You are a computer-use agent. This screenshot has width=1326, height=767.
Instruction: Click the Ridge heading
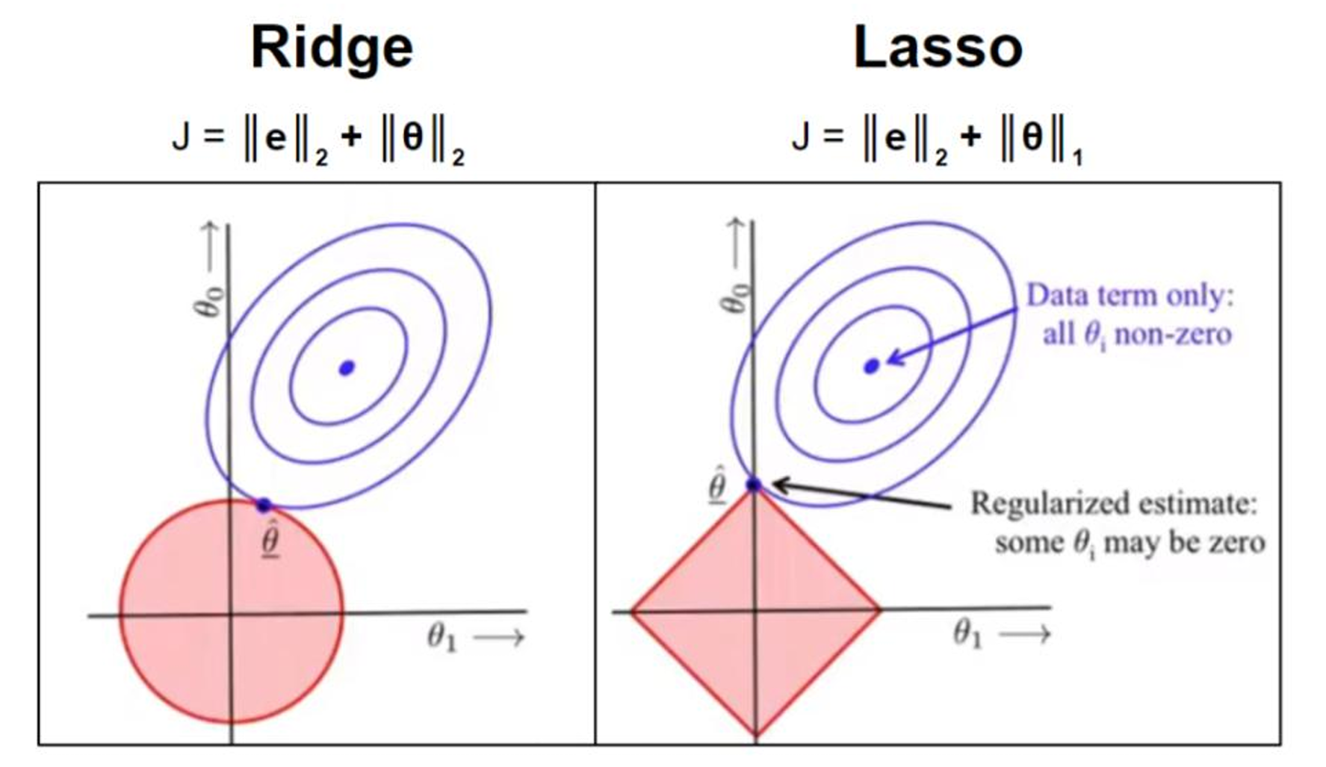coord(332,48)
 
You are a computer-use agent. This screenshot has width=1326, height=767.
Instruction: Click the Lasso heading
coord(938,48)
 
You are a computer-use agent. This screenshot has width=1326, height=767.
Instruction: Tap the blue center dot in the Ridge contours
coord(347,367)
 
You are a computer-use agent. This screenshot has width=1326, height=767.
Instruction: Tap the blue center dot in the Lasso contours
coord(871,366)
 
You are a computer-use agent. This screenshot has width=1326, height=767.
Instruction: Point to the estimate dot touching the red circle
coord(263,506)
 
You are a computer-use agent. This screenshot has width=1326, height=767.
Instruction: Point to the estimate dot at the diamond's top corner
coord(754,485)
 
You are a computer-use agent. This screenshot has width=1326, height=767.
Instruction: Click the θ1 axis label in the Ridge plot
coord(442,637)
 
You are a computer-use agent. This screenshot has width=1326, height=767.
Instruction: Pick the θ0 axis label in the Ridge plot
coord(211,300)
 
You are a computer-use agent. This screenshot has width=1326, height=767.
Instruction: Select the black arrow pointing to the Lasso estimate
coord(859,495)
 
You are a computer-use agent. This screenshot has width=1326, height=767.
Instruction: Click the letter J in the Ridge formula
coord(182,136)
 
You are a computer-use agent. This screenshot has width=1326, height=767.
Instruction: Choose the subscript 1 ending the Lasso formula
coord(1077,158)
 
